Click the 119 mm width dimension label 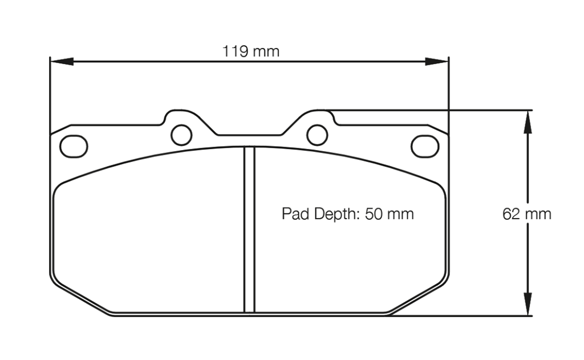click(x=251, y=51)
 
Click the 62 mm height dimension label click(x=526, y=214)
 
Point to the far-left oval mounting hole click(x=74, y=146)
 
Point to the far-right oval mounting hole click(x=424, y=146)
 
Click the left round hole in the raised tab click(x=181, y=135)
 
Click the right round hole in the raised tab click(x=317, y=135)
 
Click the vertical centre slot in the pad click(x=249, y=228)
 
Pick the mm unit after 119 click(x=266, y=51)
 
